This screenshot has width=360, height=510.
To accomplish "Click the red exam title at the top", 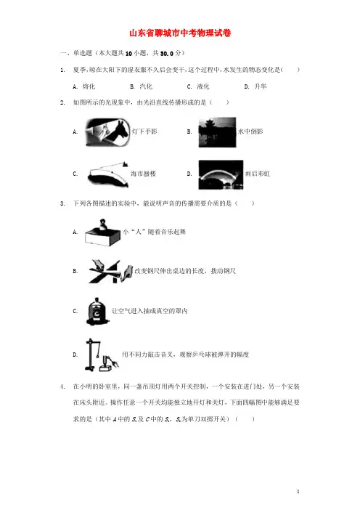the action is [180, 33].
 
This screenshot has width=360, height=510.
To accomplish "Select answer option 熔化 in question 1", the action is [89, 86].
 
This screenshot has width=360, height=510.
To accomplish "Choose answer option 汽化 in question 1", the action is [146, 86].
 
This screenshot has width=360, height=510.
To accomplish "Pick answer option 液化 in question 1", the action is [203, 86].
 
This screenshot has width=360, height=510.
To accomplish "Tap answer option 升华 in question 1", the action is [261, 86].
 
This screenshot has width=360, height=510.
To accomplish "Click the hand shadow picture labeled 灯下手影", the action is [107, 132].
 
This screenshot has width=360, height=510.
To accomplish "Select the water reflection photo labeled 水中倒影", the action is [217, 132].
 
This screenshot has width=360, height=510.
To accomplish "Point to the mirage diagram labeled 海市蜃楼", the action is [108, 174].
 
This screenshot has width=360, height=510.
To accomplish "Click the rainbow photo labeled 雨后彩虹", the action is [221, 174].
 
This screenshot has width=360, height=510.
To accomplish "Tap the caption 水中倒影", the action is [250, 131].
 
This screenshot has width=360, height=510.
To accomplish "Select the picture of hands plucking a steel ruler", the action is [110, 271].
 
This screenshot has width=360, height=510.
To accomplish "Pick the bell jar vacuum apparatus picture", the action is [97, 311].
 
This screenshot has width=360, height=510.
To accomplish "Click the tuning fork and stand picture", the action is [102, 355].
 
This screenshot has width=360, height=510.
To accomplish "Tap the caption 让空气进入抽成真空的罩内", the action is [150, 311].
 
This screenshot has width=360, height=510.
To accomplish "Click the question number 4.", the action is [62, 386].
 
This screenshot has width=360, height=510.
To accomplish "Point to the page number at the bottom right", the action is [298, 491].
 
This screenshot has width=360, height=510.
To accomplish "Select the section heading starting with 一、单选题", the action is [123, 53].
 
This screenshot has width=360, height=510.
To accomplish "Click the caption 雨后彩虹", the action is [258, 174].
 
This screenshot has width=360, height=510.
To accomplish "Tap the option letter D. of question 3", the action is [75, 355].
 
